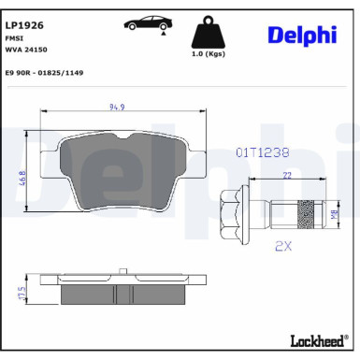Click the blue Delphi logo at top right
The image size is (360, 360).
pos(302,35)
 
